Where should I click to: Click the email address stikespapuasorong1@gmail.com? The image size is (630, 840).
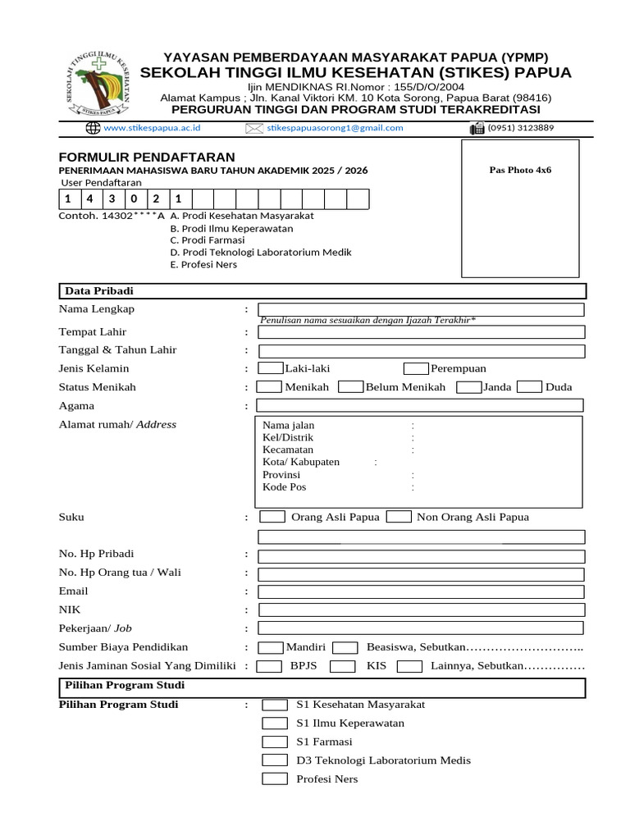pos(335,128)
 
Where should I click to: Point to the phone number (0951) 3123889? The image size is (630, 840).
pos(520,128)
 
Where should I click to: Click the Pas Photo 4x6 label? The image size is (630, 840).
pos(520,171)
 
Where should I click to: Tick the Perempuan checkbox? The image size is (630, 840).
pos(416,368)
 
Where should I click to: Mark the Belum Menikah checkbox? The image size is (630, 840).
pos(350,387)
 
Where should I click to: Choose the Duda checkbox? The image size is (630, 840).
pos(530,387)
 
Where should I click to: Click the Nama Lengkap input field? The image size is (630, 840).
pos(420,309)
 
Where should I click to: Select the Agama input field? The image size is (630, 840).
pos(420,405)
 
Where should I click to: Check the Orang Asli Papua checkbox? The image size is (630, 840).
pos(273,517)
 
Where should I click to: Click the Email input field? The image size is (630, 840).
pos(420,591)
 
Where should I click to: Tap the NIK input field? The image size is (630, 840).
pos(420,610)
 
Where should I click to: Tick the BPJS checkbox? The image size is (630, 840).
pos(269,666)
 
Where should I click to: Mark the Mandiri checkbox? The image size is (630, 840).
pos(270,647)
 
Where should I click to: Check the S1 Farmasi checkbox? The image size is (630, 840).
pos(275,742)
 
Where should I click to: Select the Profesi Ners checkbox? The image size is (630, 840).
pos(275,778)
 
